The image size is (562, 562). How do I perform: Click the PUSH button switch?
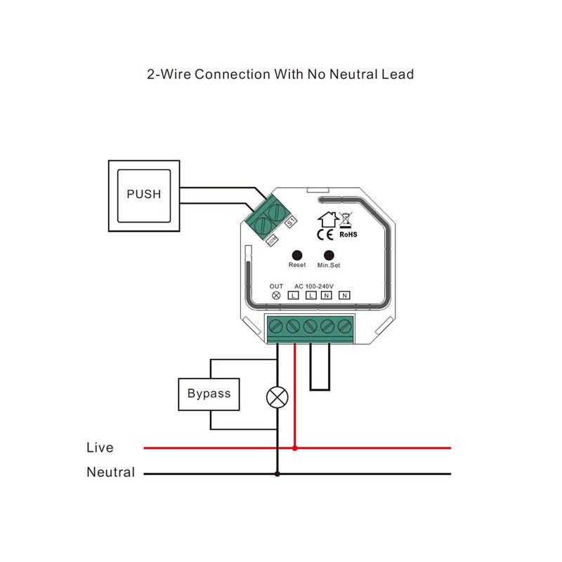click(x=144, y=196)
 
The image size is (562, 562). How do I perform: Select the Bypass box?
click(x=209, y=394)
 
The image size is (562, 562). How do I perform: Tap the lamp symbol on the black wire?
click(x=277, y=397)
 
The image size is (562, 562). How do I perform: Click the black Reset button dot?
click(x=297, y=255)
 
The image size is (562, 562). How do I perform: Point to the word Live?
click(x=100, y=447)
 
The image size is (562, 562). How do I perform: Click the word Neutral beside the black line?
click(x=111, y=472)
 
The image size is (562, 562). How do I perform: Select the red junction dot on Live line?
click(x=294, y=448)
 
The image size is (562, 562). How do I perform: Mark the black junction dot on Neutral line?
click(x=277, y=473)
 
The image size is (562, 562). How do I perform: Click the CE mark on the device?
click(x=325, y=235)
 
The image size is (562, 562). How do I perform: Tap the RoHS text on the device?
click(x=348, y=235)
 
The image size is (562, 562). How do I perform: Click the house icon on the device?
click(x=328, y=219)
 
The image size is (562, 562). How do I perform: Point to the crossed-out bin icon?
click(x=346, y=220)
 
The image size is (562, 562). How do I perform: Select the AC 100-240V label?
click(x=314, y=287)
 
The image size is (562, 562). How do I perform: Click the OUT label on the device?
click(x=276, y=287)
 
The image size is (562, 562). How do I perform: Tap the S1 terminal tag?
click(x=291, y=222)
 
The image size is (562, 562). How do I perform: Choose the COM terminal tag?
click(x=273, y=240)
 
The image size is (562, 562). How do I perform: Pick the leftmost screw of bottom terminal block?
click(x=275, y=327)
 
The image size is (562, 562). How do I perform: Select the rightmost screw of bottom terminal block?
click(x=345, y=327)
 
